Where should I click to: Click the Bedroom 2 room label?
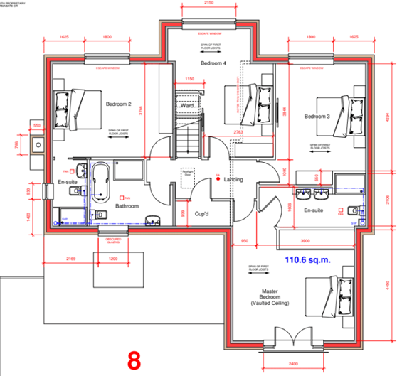(x=119, y=104)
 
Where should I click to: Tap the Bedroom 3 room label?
(x=317, y=116)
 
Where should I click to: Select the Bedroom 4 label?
(x=213, y=63)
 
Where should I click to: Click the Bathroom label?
(x=128, y=206)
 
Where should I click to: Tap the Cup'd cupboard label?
(x=204, y=213)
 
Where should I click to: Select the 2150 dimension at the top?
(x=208, y=4)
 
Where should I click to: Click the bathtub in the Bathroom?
(x=100, y=182)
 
